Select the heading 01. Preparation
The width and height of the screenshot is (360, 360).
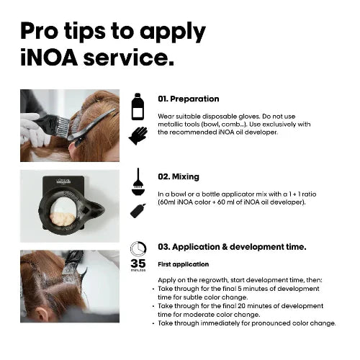188,99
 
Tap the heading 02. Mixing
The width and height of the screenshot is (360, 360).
179,176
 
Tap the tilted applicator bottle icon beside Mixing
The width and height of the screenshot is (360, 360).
137,210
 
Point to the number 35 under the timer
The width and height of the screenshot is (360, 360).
138,263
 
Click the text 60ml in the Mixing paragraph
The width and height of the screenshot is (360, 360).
166,203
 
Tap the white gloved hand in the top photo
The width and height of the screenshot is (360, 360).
30,127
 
